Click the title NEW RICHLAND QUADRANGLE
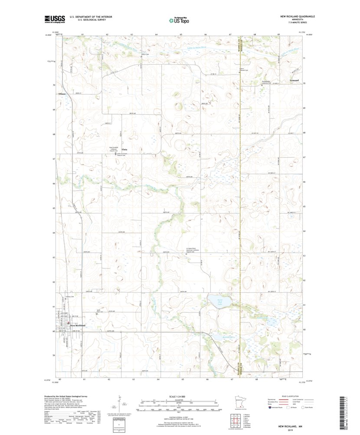(x=297, y=16)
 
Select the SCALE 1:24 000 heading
(x=179, y=397)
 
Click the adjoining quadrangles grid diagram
(x=235, y=420)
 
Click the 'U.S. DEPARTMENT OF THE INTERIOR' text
(x=85, y=16)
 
